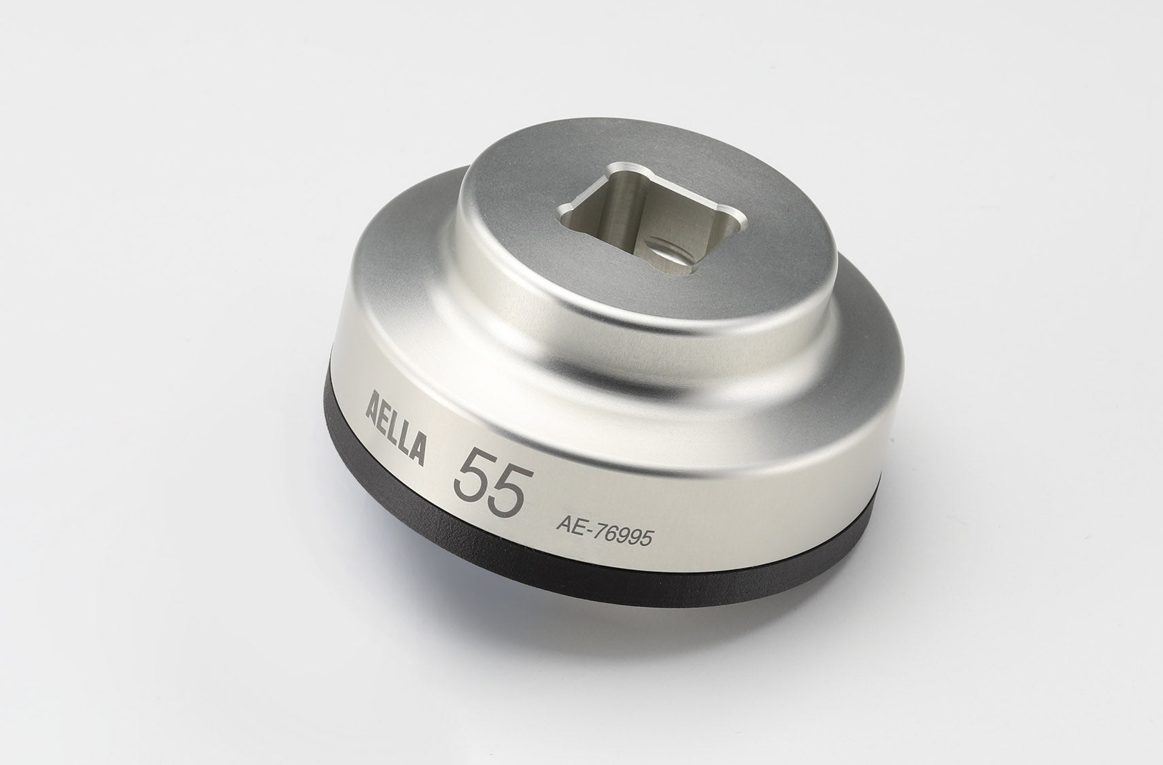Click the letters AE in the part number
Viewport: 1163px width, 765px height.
click(570, 524)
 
